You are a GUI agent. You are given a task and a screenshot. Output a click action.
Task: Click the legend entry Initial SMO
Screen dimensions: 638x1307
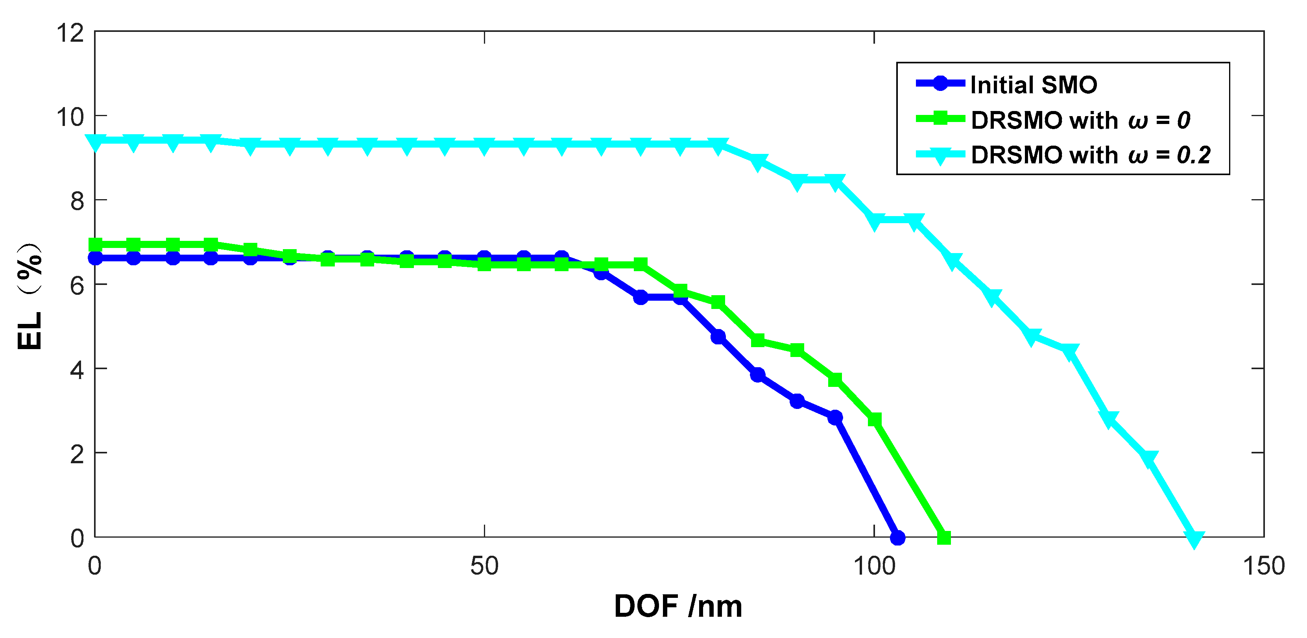(1033, 85)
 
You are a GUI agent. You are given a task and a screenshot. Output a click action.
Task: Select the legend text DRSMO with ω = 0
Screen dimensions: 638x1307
(1080, 120)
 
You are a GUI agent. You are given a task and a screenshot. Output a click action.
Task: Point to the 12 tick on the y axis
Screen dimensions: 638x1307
(70, 33)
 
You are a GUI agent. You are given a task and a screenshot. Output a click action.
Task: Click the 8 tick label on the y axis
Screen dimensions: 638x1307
(77, 202)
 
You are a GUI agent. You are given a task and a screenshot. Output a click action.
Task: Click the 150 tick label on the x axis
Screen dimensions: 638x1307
(1263, 566)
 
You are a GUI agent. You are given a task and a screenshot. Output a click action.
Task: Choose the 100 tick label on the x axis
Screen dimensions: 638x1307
(874, 566)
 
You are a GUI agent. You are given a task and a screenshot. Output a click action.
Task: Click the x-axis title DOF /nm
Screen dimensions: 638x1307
(678, 606)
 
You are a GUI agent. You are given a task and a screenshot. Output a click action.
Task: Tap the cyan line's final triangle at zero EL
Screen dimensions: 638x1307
(1194, 539)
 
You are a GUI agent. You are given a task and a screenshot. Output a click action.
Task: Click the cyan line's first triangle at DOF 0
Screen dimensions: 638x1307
(95, 142)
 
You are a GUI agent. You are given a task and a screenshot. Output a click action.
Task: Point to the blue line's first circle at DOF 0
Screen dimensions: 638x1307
(95, 258)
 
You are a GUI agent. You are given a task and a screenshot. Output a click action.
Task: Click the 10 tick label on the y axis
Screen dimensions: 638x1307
(70, 117)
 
